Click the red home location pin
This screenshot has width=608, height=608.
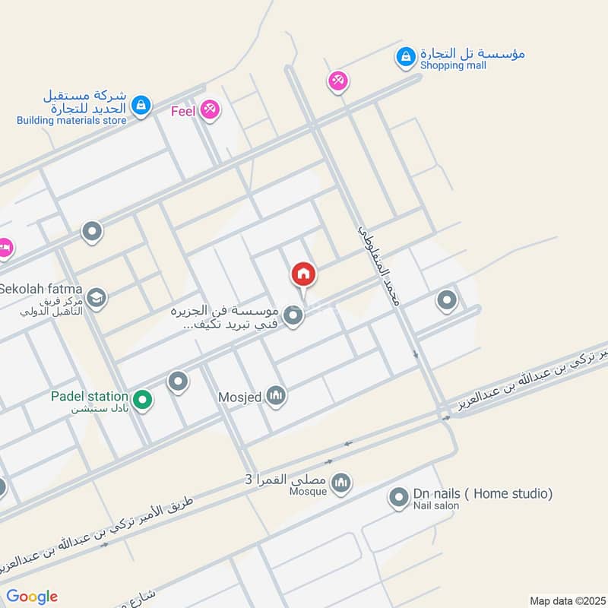point(303,274)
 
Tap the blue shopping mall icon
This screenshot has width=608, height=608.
point(406,56)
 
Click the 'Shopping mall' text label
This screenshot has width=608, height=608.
point(452,66)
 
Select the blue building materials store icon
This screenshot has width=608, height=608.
point(140,106)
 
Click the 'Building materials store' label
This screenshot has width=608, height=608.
point(71,120)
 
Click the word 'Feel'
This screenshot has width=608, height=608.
point(183,112)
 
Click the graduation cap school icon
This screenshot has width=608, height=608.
point(96,298)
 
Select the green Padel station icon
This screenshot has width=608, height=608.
point(141,398)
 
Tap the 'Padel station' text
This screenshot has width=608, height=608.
point(90,396)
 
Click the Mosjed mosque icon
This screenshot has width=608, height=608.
point(277,395)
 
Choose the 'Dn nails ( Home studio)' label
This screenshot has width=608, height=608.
point(483,494)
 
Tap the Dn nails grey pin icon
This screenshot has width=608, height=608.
point(397,499)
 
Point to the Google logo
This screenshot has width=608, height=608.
point(32,597)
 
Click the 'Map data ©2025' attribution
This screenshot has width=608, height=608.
point(566,600)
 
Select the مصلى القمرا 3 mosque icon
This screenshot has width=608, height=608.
point(341,482)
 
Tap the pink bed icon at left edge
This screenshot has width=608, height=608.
point(4,248)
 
